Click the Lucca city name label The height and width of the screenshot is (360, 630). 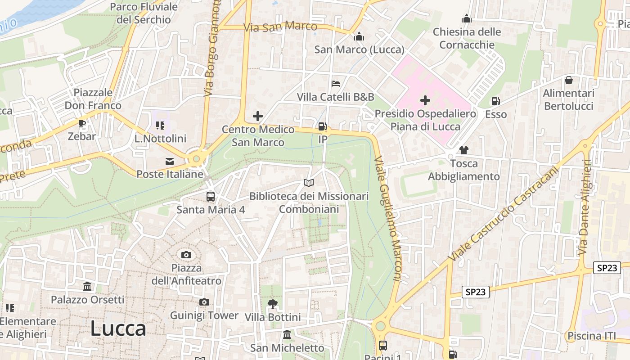point(118,329)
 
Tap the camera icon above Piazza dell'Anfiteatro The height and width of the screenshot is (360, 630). point(186,255)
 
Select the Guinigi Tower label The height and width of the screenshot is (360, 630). point(204,315)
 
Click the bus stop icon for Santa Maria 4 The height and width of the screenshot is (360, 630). point(210,197)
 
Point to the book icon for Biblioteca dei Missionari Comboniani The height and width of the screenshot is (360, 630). point(308,183)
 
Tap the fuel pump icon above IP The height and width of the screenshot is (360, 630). point(322,126)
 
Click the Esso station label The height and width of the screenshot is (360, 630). point(495,114)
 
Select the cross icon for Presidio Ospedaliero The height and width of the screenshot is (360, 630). point(425,100)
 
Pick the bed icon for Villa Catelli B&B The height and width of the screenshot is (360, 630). point(335,84)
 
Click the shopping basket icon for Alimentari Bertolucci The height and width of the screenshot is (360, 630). point(569,81)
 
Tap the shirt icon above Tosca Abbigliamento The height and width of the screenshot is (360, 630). point(463,150)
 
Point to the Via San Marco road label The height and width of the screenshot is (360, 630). point(280,27)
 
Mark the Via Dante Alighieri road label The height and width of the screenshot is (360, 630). point(584,207)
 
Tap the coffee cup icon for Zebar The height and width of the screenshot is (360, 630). point(82,123)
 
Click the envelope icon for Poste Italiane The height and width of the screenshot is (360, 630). point(170,161)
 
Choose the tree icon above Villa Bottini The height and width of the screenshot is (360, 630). point(272,304)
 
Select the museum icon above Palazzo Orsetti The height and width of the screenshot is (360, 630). point(87,286)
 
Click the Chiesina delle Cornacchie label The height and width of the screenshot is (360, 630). point(467,38)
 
